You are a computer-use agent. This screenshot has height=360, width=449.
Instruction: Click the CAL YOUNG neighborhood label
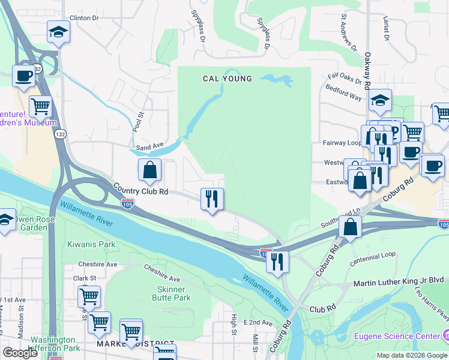click(227, 79)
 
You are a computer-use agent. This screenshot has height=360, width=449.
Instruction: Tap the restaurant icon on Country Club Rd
click(211, 199)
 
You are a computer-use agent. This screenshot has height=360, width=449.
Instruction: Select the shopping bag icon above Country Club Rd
click(149, 170)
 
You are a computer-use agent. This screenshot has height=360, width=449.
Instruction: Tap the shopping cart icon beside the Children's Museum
click(40, 107)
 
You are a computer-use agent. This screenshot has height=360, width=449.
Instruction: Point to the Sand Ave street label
click(150, 146)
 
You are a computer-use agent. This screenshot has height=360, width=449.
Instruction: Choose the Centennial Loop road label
click(373, 254)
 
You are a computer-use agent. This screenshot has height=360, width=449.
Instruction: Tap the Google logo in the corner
click(20, 353)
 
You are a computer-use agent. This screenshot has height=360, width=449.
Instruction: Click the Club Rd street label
click(322, 309)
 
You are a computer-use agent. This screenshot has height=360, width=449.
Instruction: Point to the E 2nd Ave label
click(258, 322)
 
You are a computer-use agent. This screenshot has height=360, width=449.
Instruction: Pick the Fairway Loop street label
click(343, 143)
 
